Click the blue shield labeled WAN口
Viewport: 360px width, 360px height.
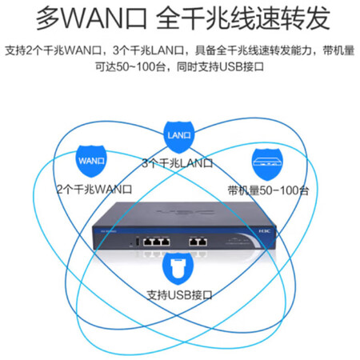click(x=91, y=161)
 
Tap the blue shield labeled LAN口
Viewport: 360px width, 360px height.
click(x=178, y=137)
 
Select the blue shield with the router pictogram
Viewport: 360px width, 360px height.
click(x=267, y=164)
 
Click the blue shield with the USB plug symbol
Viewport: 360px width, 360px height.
click(x=178, y=268)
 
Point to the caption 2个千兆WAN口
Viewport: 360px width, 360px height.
click(x=94, y=190)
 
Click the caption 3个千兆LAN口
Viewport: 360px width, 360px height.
click(x=178, y=163)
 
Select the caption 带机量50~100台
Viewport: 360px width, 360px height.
click(x=268, y=190)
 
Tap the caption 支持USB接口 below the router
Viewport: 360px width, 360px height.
click(x=180, y=295)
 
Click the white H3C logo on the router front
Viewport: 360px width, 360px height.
click(x=265, y=231)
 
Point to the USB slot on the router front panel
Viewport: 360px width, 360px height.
click(x=138, y=242)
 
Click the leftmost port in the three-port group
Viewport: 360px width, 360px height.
click(x=147, y=242)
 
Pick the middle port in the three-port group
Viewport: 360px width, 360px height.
click(x=157, y=242)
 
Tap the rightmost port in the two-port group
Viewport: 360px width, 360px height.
click(x=203, y=242)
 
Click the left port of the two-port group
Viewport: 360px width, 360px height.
click(x=194, y=242)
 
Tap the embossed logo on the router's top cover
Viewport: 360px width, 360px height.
click(x=186, y=212)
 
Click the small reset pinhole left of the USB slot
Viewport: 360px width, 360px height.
click(x=131, y=244)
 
